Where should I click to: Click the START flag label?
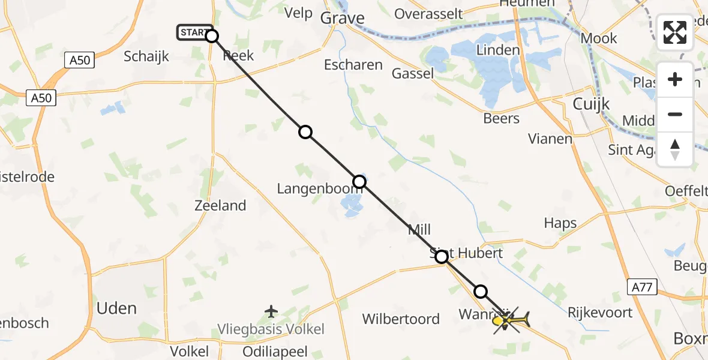coord(194,32)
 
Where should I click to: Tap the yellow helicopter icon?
coord(509,321)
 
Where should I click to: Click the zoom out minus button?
coord(675,115)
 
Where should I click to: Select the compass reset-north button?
coord(675,149)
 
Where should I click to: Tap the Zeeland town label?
coord(220,206)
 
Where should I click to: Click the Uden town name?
coord(117,308)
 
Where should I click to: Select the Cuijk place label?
coord(591,104)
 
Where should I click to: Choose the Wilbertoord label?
coord(401,319)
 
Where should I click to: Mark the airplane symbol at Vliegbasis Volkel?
coord(271,311)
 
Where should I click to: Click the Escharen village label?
coord(353,65)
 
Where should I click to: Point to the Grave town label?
coord(342,18)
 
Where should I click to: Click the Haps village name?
coord(560,223)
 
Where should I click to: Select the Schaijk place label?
coord(146,57)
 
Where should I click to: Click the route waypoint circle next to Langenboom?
coord(359,181)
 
